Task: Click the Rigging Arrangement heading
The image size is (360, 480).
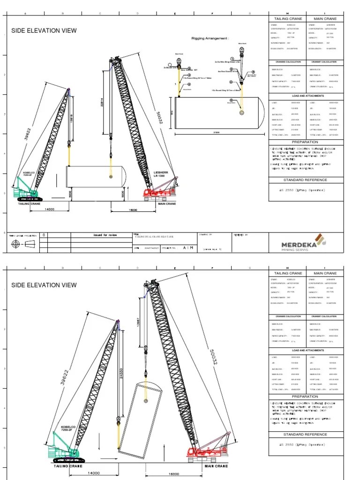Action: point(210,38)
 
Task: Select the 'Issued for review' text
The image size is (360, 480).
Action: point(105,235)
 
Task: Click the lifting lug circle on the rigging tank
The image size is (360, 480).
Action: point(241,112)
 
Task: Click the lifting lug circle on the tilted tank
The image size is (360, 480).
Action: point(146,401)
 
